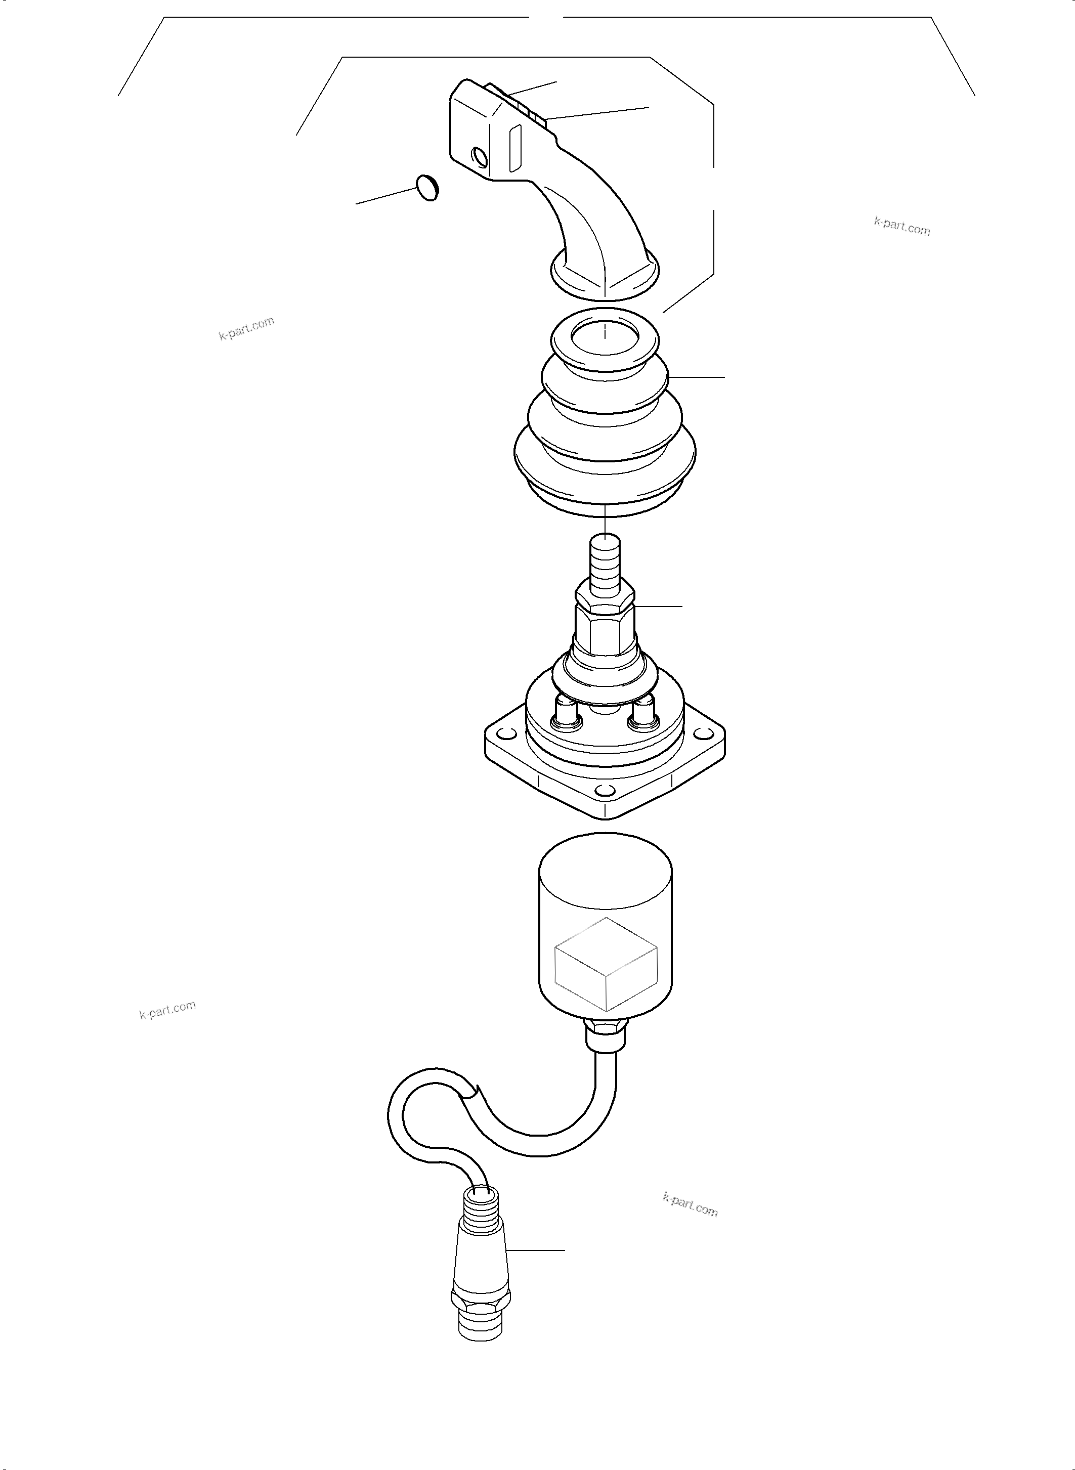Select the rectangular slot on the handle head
[x=515, y=149]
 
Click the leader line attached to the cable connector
[x=536, y=1250]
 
